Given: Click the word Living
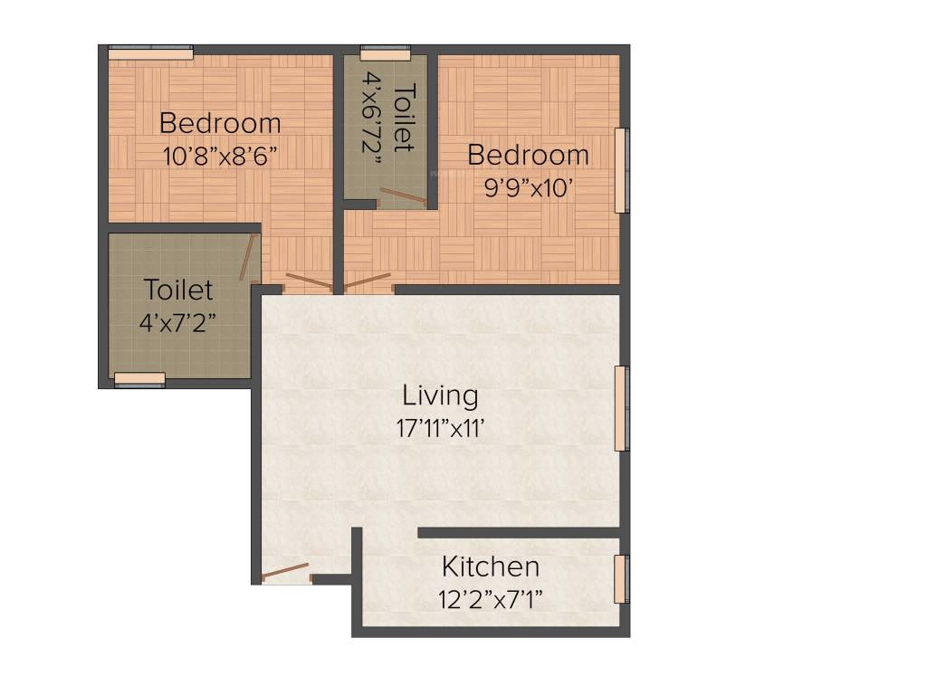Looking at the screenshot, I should click(x=440, y=395).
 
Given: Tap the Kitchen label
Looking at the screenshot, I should click(x=491, y=567).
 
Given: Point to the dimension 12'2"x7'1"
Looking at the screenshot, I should click(x=492, y=598).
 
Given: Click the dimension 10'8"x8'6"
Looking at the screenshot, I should click(x=220, y=155).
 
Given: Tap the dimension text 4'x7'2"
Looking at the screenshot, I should click(x=178, y=322).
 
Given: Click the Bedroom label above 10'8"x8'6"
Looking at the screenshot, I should click(x=220, y=122).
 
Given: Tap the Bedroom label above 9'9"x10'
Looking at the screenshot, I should click(x=528, y=155).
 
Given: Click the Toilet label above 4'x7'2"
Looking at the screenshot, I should click(x=178, y=290).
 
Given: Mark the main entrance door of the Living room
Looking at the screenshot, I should click(x=285, y=572).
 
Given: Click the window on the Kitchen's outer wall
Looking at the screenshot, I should click(x=621, y=578).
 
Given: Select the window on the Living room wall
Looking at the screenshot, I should click(x=621, y=408).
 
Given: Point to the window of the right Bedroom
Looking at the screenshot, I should click(x=622, y=170).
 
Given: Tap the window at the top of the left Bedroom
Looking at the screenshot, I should click(x=150, y=53).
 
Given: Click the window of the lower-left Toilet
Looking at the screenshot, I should click(x=139, y=379).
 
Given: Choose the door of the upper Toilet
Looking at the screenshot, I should click(x=402, y=195).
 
